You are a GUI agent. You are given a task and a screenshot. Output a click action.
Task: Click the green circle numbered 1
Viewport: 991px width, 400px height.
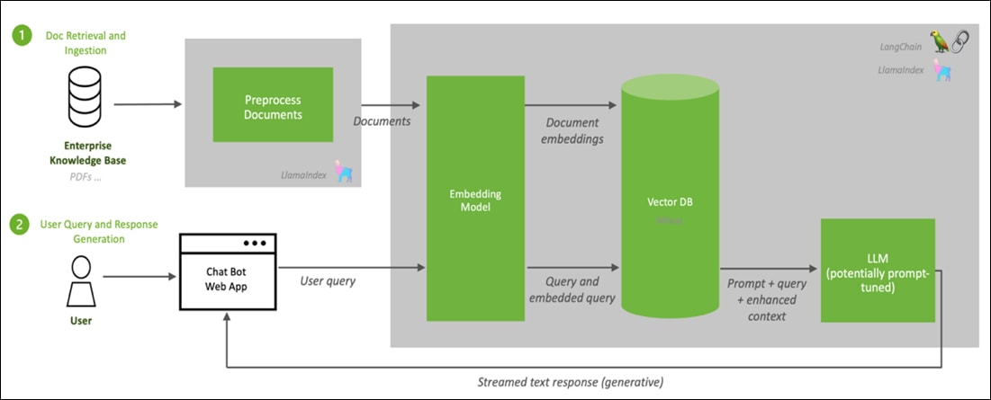(19, 36)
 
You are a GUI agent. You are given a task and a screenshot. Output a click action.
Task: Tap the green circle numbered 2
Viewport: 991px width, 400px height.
(19, 224)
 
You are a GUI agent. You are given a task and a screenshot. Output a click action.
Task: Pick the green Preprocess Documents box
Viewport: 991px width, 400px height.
(273, 108)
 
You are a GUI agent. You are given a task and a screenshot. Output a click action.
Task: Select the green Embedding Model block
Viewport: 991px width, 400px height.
(475, 200)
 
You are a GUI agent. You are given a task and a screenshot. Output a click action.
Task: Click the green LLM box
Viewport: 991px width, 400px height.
(877, 271)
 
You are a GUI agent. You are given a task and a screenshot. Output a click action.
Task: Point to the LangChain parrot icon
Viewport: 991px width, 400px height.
(940, 41)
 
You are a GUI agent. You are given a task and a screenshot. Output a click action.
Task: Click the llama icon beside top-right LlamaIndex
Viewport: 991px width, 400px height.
(942, 70)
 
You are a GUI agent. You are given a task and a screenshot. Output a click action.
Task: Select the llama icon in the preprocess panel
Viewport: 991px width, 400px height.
(343, 173)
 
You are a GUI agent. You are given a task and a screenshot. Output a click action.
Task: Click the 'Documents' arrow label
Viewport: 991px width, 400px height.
(382, 120)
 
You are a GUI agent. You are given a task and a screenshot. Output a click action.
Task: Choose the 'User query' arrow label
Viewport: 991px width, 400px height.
(328, 280)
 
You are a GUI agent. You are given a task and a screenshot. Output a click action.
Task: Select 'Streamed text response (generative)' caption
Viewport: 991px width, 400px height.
(570, 382)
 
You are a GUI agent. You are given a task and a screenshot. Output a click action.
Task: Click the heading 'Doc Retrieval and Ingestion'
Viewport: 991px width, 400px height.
(85, 42)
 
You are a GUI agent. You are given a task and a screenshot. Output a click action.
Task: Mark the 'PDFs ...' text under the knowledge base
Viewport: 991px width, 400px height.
(86, 176)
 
